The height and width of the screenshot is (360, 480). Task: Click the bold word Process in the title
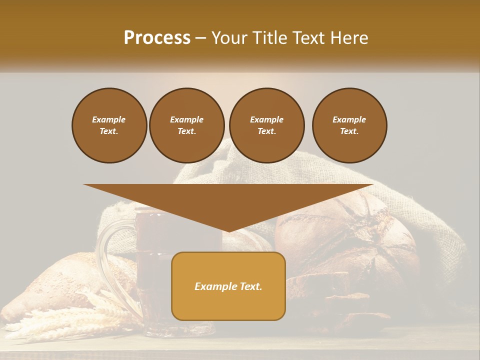pos(157,38)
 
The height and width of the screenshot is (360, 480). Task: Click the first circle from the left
pos(109,125)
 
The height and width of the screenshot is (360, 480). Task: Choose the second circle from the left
pos(186,125)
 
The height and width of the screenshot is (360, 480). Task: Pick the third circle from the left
pos(266,125)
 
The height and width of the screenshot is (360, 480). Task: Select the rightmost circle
pos(349,125)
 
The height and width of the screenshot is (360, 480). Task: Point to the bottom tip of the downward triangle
pos(229,231)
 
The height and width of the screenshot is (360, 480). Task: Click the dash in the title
pos(201,38)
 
